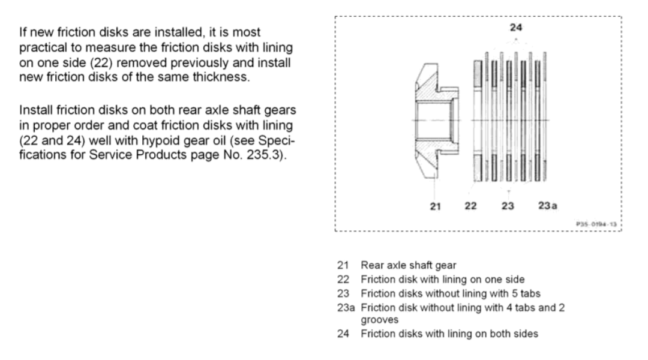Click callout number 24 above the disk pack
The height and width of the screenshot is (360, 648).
tap(515, 28)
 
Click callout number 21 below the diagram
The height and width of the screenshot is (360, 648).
tap(436, 206)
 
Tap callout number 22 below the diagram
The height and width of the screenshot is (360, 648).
tap(471, 206)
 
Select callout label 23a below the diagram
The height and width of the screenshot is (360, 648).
tap(547, 206)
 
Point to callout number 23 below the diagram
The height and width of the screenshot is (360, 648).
tap(508, 206)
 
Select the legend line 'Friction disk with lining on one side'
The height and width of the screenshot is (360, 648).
tap(443, 279)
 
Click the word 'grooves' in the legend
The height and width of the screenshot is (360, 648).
tap(378, 320)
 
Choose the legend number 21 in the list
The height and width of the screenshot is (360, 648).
tap(343, 264)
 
